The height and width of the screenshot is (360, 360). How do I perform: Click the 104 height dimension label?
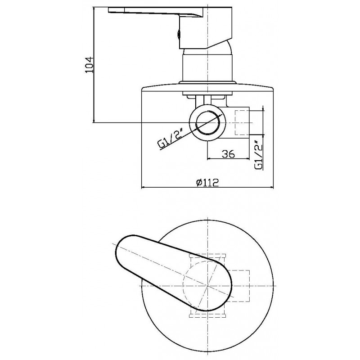(89, 64)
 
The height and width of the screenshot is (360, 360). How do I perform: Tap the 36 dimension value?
(229, 153)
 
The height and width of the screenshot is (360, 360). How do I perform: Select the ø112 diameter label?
(207, 183)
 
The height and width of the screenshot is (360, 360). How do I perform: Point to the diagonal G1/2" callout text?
(170, 139)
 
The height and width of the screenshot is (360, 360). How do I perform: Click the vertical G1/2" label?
(259, 156)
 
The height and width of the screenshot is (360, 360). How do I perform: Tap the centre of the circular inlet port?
(207, 123)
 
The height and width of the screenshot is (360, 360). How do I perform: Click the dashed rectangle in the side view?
(242, 123)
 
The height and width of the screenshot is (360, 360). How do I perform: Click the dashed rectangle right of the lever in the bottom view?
(240, 286)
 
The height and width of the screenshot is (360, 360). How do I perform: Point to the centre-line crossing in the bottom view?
(207, 286)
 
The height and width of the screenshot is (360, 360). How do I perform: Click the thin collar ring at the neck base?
(207, 83)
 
